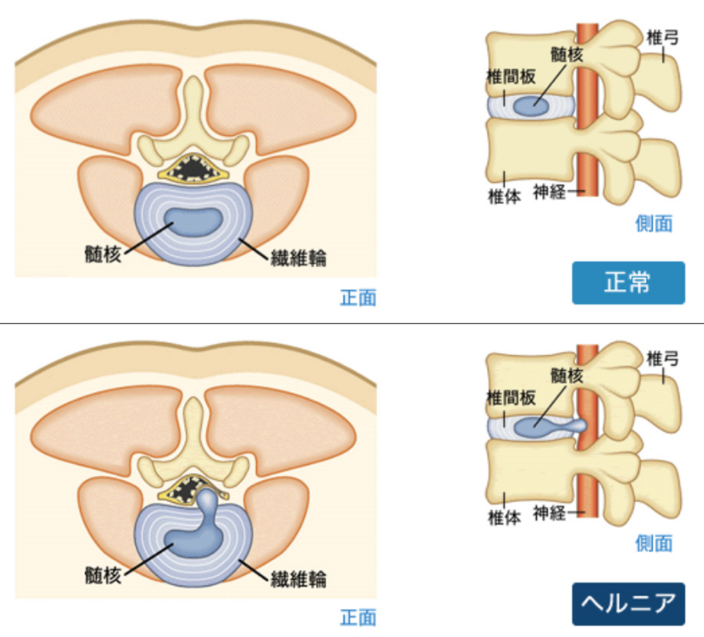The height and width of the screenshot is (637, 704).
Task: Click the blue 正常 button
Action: [x=628, y=282]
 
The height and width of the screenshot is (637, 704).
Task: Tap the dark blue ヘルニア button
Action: [x=628, y=604]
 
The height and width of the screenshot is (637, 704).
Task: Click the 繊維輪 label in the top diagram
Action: [x=299, y=258]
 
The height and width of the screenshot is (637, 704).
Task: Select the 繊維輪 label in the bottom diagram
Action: [x=299, y=579]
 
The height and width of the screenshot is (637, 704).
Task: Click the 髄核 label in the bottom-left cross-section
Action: [x=103, y=575]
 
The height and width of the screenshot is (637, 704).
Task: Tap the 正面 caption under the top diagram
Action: [x=358, y=298]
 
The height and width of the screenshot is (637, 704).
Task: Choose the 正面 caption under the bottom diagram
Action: [x=358, y=618]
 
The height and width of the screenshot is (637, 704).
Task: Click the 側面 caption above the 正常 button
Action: [x=654, y=223]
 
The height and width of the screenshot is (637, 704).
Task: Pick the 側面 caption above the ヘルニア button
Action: [x=654, y=544]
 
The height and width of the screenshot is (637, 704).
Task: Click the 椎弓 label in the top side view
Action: [x=662, y=37]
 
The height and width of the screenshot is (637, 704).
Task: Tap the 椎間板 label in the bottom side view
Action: [x=511, y=398]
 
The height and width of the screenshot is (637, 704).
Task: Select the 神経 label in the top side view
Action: [x=549, y=192]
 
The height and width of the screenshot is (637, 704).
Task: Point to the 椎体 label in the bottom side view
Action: [x=504, y=518]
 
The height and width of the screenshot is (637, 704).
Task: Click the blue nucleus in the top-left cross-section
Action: [x=193, y=221]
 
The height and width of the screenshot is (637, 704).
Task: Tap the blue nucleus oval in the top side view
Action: [x=531, y=106]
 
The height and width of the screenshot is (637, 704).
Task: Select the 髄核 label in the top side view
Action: [x=567, y=55]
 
